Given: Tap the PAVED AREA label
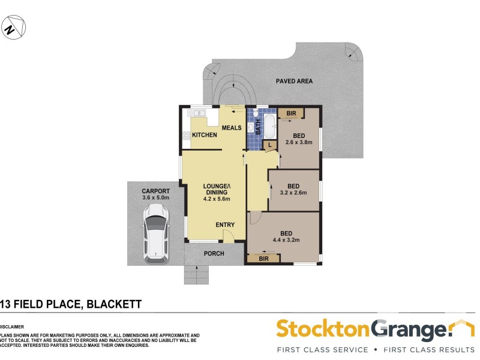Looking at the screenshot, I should click(294, 81).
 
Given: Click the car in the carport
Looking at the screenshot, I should click(155, 234).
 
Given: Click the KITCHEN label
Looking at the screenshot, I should click(205, 135).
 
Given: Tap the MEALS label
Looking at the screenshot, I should click(232, 128).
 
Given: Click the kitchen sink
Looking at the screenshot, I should click(196, 113).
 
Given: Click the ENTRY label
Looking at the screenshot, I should click(225, 225).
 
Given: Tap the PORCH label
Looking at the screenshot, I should click(214, 253).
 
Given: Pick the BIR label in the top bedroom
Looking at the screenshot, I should click(291, 113).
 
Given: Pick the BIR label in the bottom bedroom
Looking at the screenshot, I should click(264, 258).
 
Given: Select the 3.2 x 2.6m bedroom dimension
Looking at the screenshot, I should click(293, 193).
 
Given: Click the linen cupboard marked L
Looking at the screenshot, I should click(271, 145).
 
